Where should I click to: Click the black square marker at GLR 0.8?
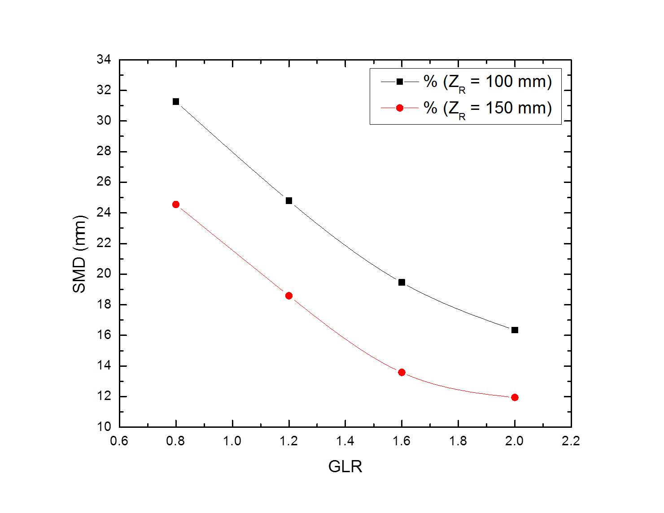tap(176, 101)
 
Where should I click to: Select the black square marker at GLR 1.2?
tap(289, 200)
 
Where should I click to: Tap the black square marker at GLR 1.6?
tap(402, 282)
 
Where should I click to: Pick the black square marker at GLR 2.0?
tap(515, 330)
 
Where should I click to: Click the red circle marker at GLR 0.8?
tap(176, 204)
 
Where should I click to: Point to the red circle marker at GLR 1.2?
tap(289, 296)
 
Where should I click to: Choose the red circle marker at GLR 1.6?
tap(402, 372)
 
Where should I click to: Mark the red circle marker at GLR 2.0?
tap(515, 397)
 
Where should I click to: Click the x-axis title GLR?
tap(345, 467)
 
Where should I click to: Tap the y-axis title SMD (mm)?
tap(79, 255)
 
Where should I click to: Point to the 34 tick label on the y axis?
tap(104, 60)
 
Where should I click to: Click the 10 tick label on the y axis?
tap(104, 427)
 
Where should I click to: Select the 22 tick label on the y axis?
tap(104, 243)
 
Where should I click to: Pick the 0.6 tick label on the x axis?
tap(119, 441)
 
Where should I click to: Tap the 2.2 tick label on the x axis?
tap(571, 441)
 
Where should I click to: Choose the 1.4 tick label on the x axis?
tap(345, 441)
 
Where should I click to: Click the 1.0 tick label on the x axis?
tap(232, 441)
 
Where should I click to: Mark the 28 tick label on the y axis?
tap(104, 152)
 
